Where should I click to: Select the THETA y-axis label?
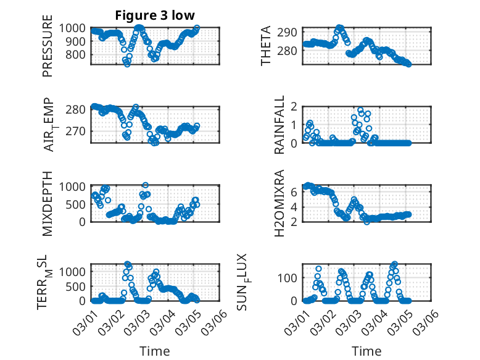[266, 46]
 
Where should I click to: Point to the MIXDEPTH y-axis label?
[48, 203]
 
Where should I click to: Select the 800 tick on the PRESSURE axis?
[78, 54]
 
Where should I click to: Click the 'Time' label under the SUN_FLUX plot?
[366, 351]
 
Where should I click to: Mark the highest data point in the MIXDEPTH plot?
[145, 185]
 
